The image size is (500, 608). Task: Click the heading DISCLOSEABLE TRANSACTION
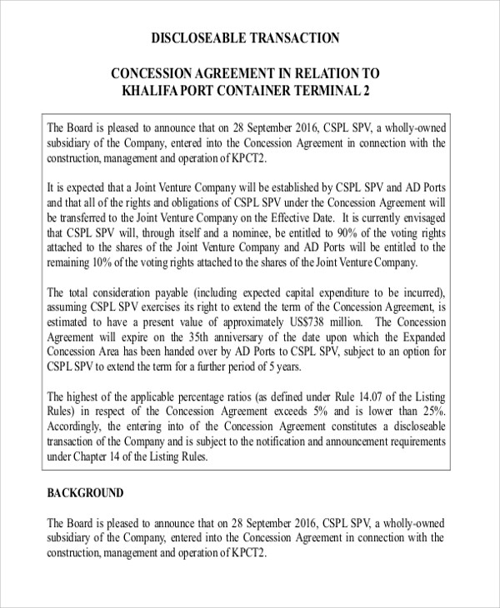pyautogui.click(x=245, y=37)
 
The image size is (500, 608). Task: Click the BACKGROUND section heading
pyautogui.click(x=86, y=493)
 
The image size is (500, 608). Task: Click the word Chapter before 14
pyautogui.click(x=93, y=457)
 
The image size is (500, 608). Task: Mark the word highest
pyautogui.click(x=87, y=397)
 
